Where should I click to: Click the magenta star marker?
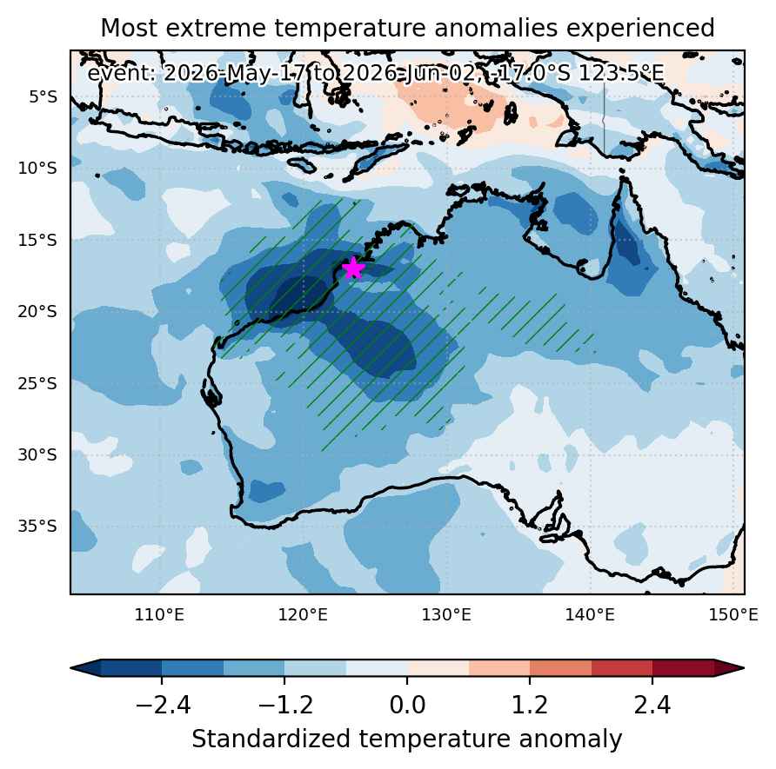[x=353, y=268]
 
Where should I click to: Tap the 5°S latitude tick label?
[x=43, y=96]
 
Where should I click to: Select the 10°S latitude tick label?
[x=37, y=169]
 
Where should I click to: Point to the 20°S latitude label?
[x=37, y=312]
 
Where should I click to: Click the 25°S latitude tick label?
[x=37, y=383]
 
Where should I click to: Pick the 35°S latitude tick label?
[x=37, y=527]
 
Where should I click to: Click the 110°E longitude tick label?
[x=159, y=615]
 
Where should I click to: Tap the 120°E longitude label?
[x=303, y=615]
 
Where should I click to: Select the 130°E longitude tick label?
[x=446, y=615]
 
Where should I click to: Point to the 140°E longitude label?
[x=590, y=615]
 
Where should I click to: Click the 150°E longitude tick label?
[x=733, y=615]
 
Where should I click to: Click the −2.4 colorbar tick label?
[x=163, y=706]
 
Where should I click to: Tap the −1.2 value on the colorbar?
[x=285, y=706]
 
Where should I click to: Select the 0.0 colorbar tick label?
[x=407, y=706]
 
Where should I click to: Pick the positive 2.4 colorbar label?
[x=652, y=706]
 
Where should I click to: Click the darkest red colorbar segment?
[x=684, y=668]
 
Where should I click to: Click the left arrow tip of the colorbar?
[x=70, y=668]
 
